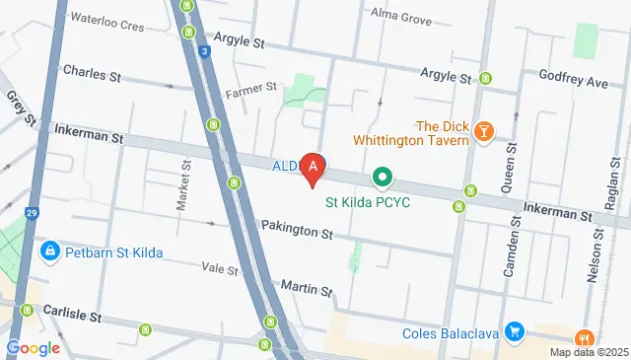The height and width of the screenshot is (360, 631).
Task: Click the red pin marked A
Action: pyautogui.click(x=314, y=169)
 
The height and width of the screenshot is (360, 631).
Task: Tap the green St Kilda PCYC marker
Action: pyautogui.click(x=382, y=178)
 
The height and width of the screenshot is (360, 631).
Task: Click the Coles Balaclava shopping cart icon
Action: pyautogui.click(x=513, y=331)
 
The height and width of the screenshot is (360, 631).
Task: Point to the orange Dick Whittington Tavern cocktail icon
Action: pyautogui.click(x=483, y=131)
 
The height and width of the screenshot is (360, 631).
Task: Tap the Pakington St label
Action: pyautogui.click(x=297, y=230)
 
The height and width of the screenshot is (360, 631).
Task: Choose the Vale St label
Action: pyautogui.click(x=220, y=268)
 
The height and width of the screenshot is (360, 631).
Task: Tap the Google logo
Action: pyautogui.click(x=33, y=347)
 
